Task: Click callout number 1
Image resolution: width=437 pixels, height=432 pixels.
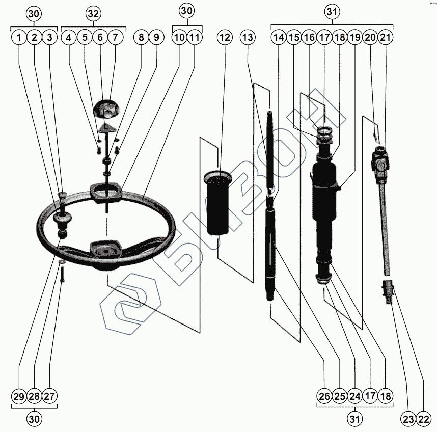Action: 19,37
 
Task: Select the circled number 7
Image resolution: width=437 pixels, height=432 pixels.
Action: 115,37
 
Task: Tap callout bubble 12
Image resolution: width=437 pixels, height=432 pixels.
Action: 225,37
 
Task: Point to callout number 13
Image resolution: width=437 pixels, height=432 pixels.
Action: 248,37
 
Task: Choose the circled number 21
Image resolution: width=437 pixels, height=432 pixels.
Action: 385,37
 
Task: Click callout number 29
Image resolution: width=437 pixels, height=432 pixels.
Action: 19,396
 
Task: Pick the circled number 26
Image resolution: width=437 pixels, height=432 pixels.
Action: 324,396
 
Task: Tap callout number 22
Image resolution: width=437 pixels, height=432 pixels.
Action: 424,419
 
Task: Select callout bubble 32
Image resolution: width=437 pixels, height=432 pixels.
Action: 93,14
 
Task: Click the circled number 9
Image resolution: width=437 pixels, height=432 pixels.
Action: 156,37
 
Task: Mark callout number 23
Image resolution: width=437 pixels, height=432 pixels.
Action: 408,419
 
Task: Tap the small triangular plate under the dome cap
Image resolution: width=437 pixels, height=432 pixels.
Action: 106,128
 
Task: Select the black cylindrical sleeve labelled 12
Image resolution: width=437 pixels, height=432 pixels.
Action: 218,203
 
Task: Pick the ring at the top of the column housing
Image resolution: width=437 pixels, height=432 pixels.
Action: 324,130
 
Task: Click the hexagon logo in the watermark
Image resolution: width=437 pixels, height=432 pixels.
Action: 131,304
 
